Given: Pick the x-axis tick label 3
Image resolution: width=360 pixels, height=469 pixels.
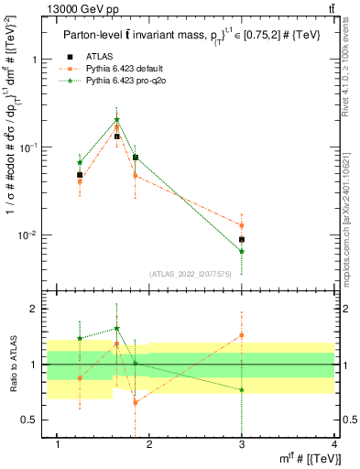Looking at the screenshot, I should (242, 444).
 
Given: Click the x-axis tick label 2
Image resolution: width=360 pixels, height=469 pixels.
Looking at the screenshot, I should (150, 444).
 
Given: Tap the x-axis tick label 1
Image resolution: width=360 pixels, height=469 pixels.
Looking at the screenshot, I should (59, 444).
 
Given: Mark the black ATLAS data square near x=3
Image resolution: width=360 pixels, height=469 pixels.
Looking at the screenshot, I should (242, 239).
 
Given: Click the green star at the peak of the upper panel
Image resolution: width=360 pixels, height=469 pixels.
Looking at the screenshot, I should (116, 119).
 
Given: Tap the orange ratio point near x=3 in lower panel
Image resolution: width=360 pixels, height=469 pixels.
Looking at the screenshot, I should (242, 335).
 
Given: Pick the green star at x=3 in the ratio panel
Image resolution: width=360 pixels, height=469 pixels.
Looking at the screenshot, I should (242, 389).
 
